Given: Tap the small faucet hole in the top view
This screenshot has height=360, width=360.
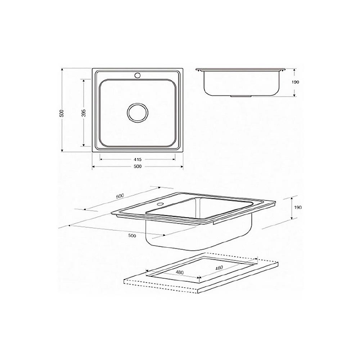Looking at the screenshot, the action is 138,75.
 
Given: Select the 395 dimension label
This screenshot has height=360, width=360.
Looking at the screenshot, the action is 84,113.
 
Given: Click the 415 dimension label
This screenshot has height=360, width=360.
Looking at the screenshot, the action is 138,159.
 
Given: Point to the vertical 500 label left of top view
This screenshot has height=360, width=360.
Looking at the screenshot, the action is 62,113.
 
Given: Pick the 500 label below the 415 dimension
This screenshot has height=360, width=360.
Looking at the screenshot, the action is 138,166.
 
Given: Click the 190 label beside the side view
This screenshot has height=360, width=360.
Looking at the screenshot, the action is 296,82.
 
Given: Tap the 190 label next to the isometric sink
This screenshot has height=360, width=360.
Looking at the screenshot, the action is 298,208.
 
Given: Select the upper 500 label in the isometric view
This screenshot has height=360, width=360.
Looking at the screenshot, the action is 120,196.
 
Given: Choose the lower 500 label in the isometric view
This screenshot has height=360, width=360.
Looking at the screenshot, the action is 132,235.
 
